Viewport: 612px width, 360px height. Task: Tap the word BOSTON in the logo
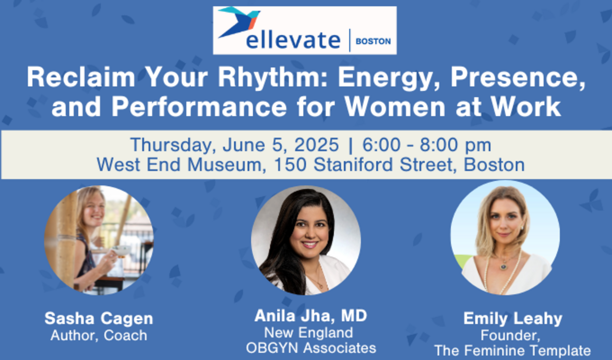pos(373,41)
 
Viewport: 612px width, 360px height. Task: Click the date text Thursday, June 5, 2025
pos(234,144)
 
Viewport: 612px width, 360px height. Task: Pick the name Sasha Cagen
pos(99,318)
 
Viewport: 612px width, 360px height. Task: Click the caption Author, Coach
pos(99,335)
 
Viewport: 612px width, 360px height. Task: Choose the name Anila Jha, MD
pos(311,316)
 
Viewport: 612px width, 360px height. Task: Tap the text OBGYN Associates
pos(311,347)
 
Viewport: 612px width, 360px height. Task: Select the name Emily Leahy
pos(513,318)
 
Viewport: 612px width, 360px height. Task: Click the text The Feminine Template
pos(513,351)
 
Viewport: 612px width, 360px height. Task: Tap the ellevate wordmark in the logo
pos(293,40)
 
